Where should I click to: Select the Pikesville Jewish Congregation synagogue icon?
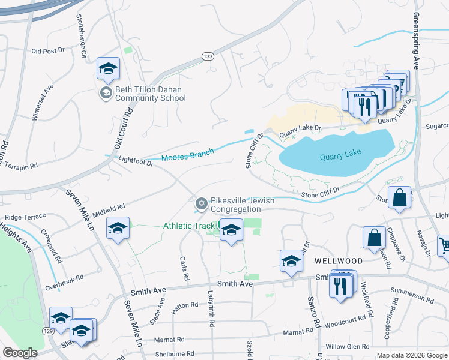click(x=202, y=205)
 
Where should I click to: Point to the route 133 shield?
click(x=208, y=56)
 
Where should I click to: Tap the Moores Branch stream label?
click(x=187, y=156)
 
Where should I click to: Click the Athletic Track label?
click(x=190, y=226)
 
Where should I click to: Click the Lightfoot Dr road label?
click(x=137, y=160)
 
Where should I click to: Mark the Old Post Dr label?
click(x=48, y=51)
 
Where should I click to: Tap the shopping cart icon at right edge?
click(x=443, y=245)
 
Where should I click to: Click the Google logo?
click(x=20, y=353)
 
